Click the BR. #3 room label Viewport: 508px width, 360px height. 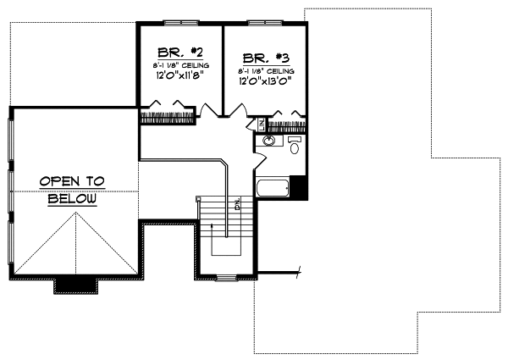(x=262, y=58)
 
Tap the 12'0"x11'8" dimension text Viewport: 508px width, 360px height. (x=176, y=75)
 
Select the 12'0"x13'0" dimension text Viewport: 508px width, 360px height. (x=265, y=81)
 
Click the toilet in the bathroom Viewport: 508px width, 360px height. (x=295, y=146)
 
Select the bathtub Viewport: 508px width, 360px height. (x=271, y=187)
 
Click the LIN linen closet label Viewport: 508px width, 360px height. (x=261, y=125)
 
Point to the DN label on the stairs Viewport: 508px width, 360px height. (x=237, y=204)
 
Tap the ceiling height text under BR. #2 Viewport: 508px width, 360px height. (x=176, y=64)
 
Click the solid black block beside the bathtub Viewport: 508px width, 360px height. (x=297, y=186)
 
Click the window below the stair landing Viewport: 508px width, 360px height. (x=226, y=277)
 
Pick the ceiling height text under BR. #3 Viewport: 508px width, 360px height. (x=265, y=71)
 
